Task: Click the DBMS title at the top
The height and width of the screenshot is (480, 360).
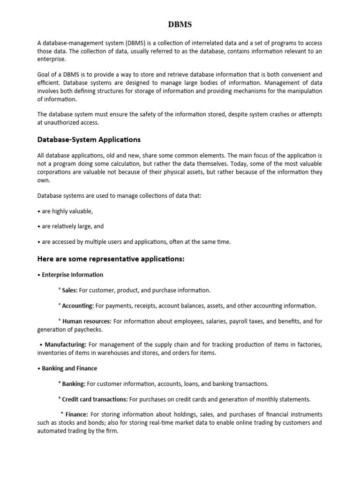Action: pos(180,24)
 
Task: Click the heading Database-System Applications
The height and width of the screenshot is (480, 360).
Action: pos(89,140)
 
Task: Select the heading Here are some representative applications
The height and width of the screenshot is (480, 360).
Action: pos(111,259)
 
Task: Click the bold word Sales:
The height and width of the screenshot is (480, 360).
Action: pos(69,291)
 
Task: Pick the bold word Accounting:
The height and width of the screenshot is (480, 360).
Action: pos(78,306)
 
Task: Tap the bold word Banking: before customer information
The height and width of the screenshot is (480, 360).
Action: pos(74,384)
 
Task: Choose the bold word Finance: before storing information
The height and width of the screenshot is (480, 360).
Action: pos(76,415)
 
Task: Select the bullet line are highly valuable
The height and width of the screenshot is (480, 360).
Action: pos(67,211)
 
